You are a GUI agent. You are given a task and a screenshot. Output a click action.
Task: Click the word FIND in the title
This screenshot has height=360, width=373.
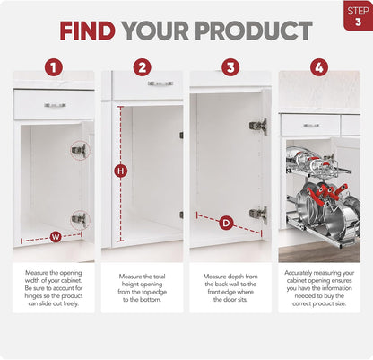point(87,31)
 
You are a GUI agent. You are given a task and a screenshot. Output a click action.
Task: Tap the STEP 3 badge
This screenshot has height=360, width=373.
point(358,16)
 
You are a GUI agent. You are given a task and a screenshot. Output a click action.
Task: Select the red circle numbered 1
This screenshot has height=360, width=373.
point(54,67)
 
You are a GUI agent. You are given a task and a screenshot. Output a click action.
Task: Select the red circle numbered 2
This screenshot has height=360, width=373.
point(143,67)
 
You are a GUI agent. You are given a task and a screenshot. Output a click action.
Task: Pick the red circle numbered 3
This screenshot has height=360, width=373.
point(230,67)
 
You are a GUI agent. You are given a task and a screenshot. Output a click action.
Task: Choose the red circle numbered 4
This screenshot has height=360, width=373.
point(319,67)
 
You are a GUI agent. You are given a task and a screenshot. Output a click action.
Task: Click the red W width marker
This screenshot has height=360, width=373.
point(56,237)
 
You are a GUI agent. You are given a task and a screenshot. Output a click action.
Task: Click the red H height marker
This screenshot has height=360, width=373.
point(121,171)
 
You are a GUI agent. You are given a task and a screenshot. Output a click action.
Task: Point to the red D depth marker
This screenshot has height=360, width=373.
point(226,223)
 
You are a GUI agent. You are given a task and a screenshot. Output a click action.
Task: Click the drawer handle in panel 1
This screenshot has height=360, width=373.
point(55,105)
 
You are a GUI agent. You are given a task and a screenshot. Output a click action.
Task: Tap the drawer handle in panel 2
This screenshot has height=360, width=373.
point(160,83)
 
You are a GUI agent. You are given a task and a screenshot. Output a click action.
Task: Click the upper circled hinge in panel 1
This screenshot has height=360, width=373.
point(81,150)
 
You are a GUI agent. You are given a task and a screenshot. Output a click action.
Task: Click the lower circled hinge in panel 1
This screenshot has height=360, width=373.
point(81,219)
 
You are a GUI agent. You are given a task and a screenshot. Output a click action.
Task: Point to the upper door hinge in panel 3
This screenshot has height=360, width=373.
point(258,126)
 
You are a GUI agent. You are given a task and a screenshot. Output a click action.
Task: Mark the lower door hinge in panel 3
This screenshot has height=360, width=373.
point(258,215)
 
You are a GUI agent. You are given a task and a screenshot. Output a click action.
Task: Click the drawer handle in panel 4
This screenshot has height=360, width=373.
point(311,126)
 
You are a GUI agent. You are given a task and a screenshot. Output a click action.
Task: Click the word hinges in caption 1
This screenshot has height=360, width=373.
point(33,296)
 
